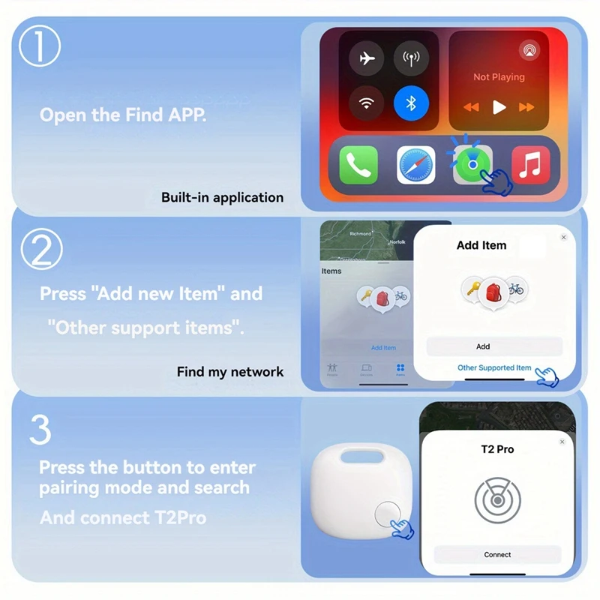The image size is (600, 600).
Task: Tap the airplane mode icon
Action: point(367,59)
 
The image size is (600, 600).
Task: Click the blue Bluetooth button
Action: point(411,103)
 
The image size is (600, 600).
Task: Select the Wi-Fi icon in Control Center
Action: point(367,103)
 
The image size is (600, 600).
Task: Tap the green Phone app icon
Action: point(358,165)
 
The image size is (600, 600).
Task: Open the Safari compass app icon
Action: point(415,165)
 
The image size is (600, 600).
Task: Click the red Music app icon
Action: point(530,165)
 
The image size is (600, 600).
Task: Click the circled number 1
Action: point(39,46)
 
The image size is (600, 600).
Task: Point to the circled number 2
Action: point(40,250)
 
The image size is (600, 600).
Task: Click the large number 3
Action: point(40,430)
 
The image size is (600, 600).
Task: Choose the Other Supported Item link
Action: point(494,367)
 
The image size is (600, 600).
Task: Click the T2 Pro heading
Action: point(497,449)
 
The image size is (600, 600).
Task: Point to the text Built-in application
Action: point(222,198)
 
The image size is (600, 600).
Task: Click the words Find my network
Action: point(230,371)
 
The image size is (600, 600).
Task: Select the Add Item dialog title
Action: point(481,245)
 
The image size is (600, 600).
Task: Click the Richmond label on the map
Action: point(360,234)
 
